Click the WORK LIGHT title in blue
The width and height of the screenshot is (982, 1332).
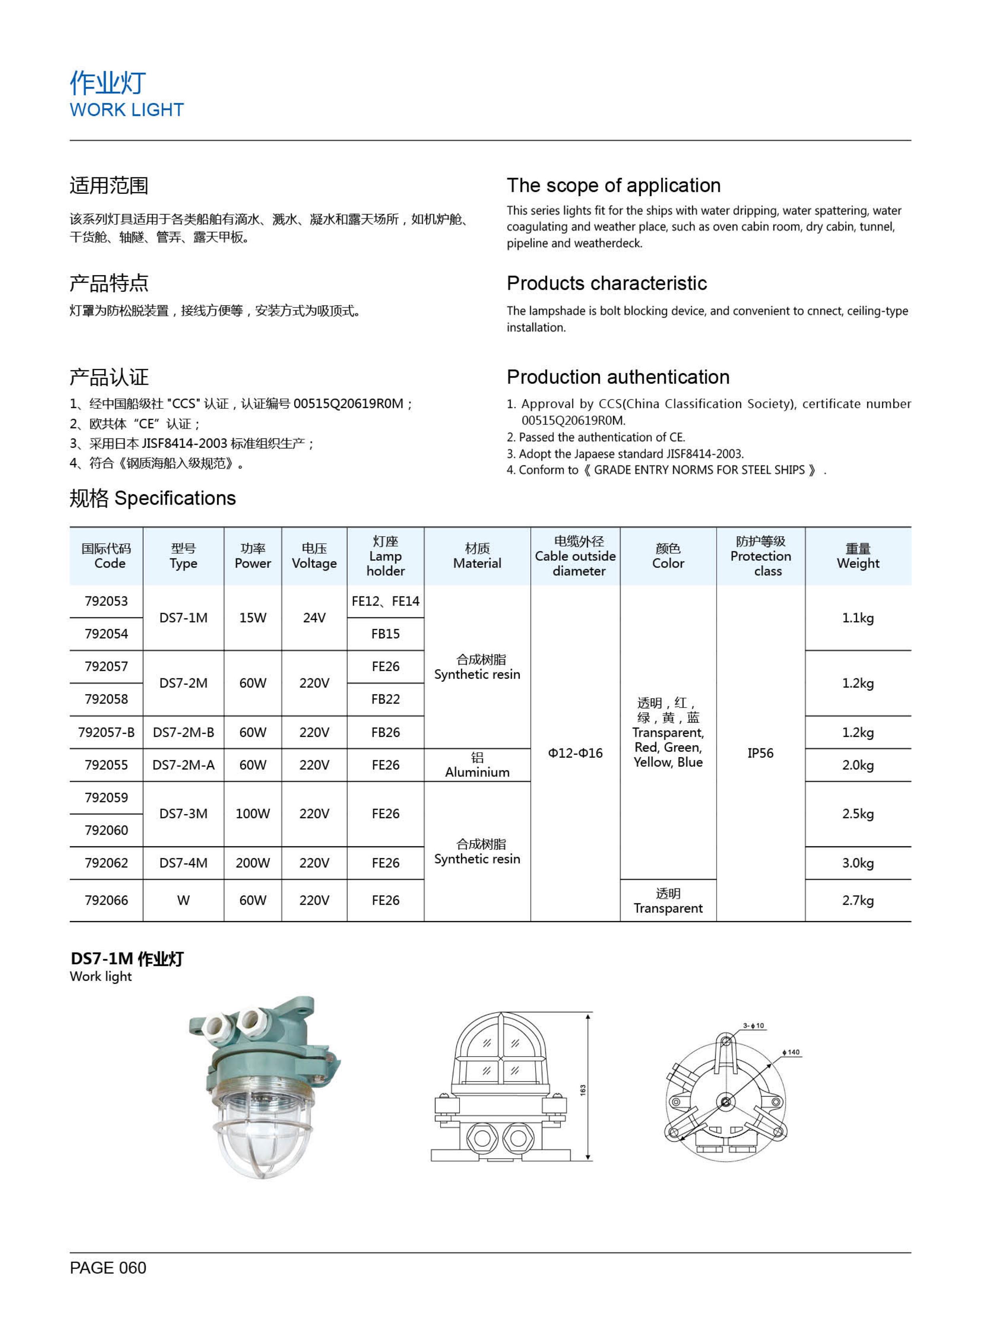[127, 110]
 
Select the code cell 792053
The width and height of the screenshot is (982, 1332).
[106, 601]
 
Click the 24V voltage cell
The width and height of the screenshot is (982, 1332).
[314, 618]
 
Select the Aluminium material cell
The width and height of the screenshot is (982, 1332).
[477, 766]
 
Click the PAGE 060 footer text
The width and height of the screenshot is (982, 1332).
[108, 1268]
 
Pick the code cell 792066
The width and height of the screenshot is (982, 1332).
[106, 901]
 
